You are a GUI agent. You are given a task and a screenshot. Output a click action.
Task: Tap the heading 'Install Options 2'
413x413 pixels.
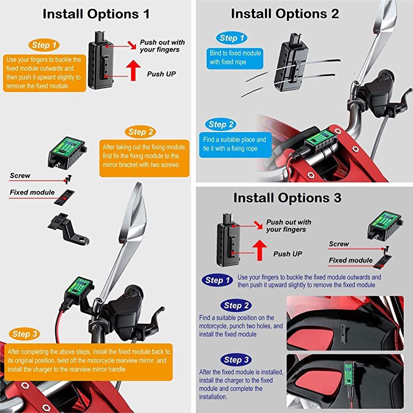point(285,14)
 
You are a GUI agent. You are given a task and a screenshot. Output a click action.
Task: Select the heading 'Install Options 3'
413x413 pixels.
point(287,198)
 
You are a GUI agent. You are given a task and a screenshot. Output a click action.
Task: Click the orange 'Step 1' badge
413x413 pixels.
point(44,45)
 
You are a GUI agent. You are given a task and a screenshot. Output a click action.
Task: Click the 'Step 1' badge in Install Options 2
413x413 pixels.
point(228,38)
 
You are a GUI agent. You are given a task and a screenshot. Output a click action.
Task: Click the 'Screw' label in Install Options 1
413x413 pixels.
point(20,176)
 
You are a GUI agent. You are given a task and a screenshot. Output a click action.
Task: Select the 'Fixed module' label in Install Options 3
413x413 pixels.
point(351,260)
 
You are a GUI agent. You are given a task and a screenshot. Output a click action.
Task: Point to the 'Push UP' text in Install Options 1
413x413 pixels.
point(162,74)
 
